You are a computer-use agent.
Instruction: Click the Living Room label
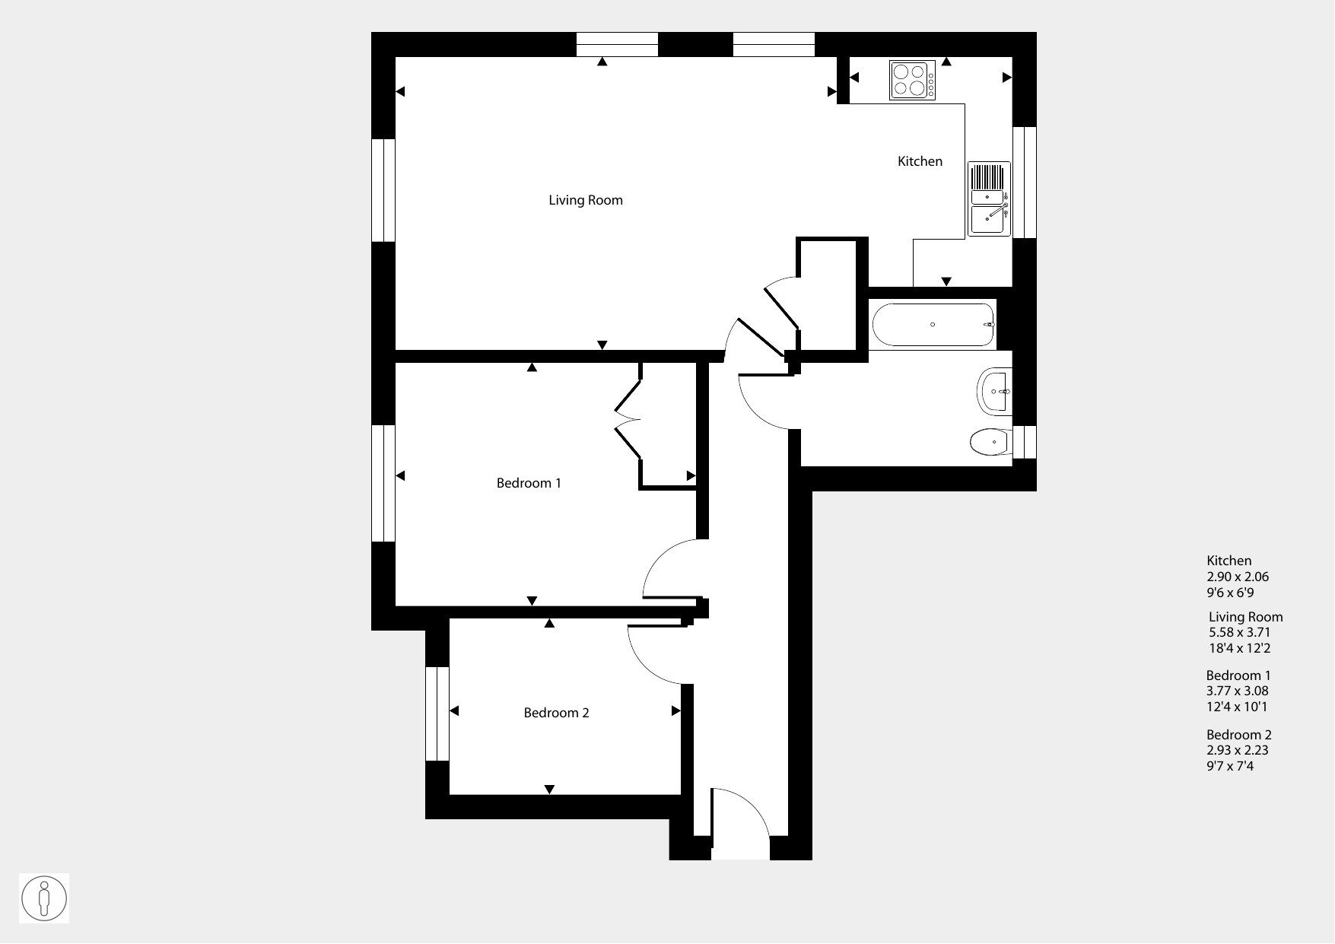(x=586, y=200)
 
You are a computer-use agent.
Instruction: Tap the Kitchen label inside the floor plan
(x=920, y=161)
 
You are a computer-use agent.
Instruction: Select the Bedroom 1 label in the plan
(x=529, y=483)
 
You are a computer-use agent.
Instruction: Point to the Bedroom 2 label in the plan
(x=556, y=713)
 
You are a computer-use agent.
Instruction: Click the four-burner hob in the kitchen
(x=912, y=80)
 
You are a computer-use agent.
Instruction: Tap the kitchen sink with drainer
(x=989, y=199)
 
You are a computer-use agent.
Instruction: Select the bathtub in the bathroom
(x=933, y=325)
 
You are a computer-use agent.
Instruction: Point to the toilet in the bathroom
(x=991, y=441)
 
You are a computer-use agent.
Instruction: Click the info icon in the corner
(x=43, y=898)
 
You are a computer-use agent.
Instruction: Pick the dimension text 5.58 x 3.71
(x=1239, y=632)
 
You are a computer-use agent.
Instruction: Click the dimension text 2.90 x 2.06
(x=1238, y=577)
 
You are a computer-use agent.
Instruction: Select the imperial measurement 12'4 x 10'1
(x=1237, y=707)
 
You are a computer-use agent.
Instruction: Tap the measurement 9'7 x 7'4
(x=1230, y=766)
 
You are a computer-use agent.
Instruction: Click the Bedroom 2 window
(x=437, y=714)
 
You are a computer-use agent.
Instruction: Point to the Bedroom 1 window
(x=383, y=483)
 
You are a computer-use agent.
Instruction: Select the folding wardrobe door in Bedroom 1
(x=628, y=419)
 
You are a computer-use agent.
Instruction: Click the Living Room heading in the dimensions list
(x=1246, y=617)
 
